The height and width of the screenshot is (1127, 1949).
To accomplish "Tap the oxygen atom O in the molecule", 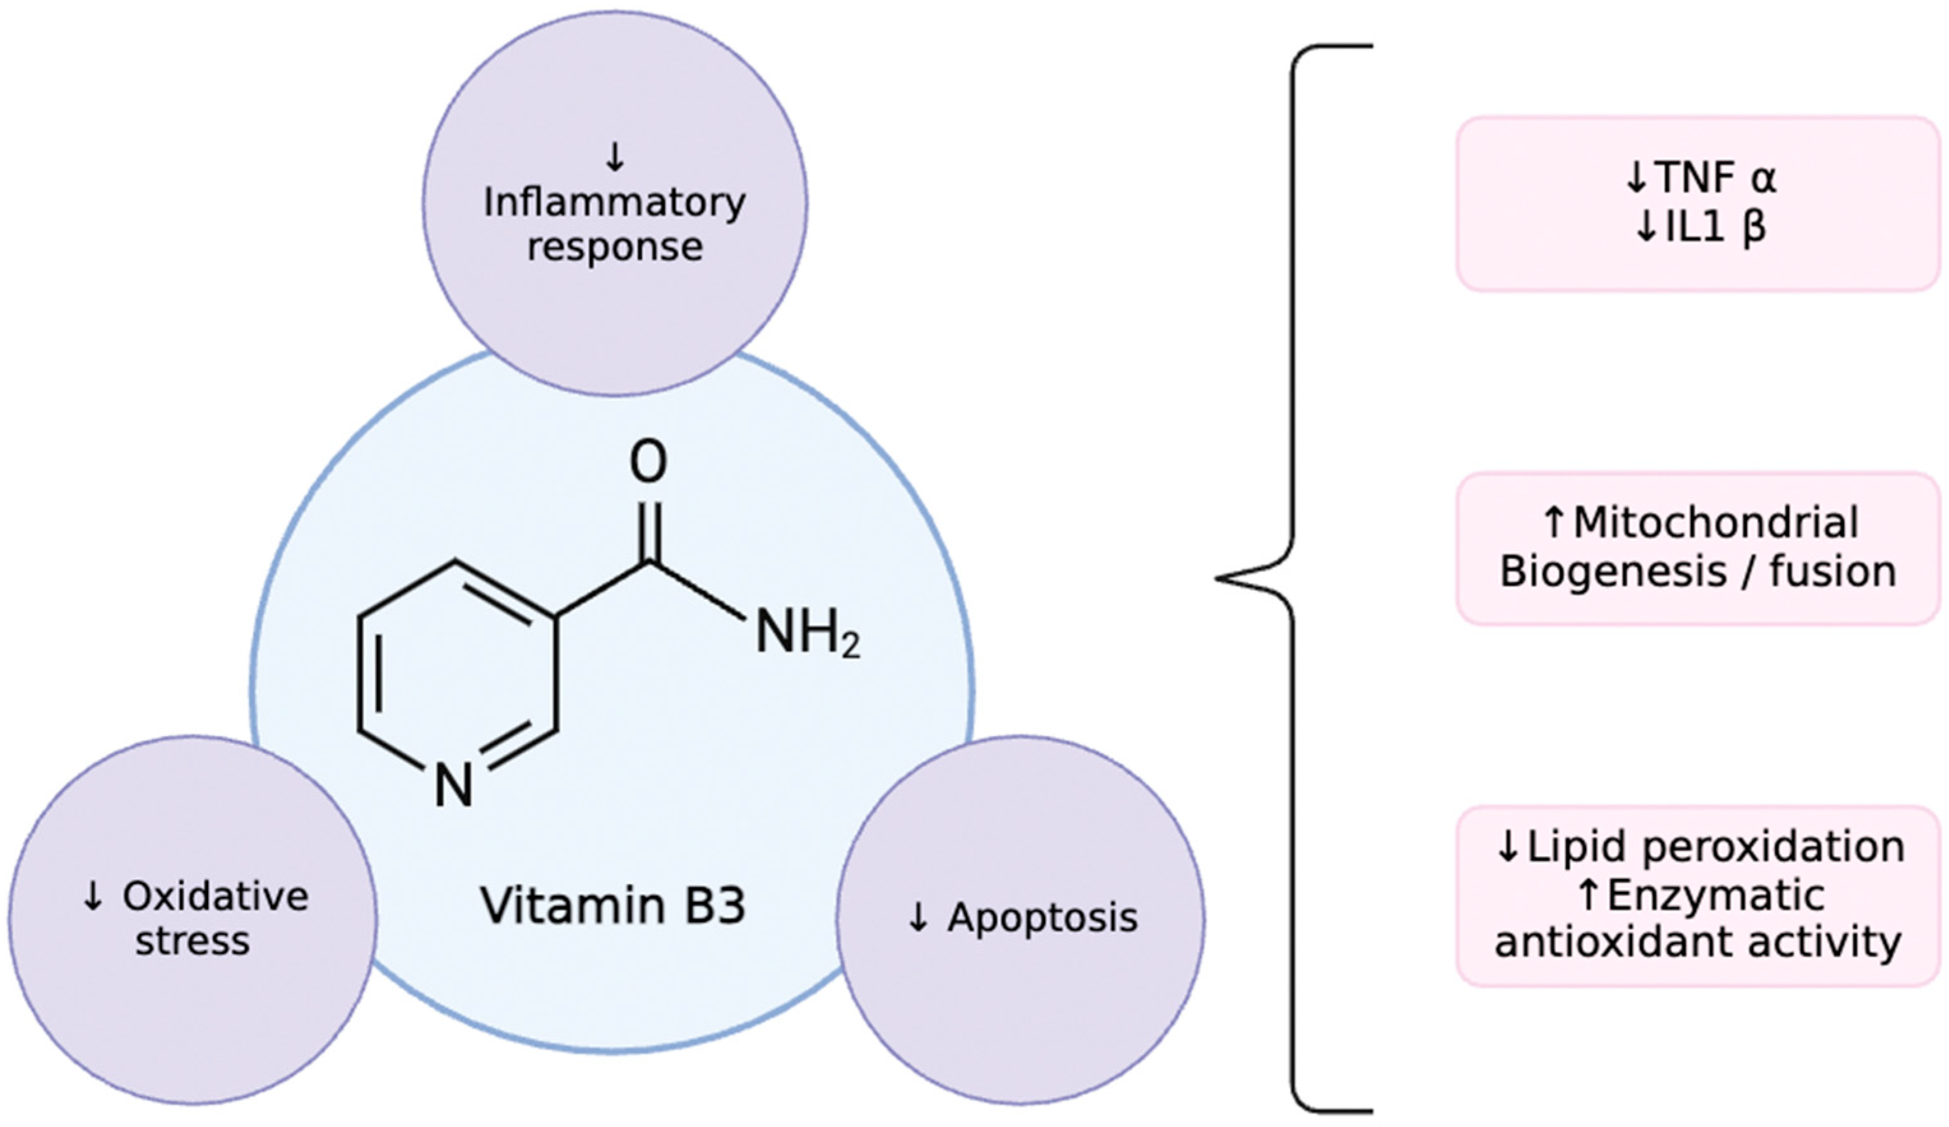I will point(648,462).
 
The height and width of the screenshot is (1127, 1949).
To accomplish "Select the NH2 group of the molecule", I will point(806,632).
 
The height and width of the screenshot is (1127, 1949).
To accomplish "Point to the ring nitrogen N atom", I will point(453,786).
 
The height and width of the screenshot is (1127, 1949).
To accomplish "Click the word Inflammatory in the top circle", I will point(614,203).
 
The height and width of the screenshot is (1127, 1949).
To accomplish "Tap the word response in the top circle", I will point(614,247).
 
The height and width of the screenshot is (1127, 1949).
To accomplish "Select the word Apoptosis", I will point(1042,917).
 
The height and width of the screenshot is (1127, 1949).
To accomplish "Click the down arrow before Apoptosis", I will point(918,917).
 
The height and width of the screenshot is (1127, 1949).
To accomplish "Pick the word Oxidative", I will point(215,897).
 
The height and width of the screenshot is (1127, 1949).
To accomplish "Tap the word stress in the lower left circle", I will point(193,941).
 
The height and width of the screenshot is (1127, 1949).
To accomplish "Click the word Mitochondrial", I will point(1716,523).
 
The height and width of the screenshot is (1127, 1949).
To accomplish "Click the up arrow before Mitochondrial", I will point(1555,523).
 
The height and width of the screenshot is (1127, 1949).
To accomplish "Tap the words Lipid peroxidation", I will point(1716,847).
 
